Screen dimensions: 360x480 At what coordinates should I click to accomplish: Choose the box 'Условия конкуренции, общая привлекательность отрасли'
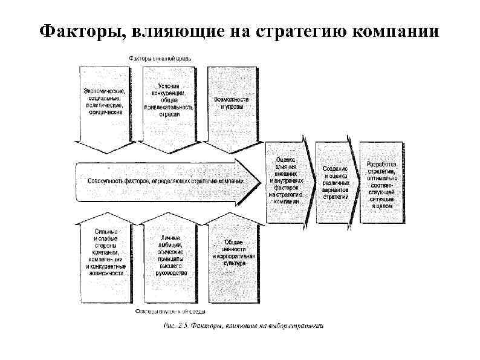169,100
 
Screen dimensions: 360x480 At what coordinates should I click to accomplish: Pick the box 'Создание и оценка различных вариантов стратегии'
336,182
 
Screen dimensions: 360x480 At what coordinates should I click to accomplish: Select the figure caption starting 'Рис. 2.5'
244,327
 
